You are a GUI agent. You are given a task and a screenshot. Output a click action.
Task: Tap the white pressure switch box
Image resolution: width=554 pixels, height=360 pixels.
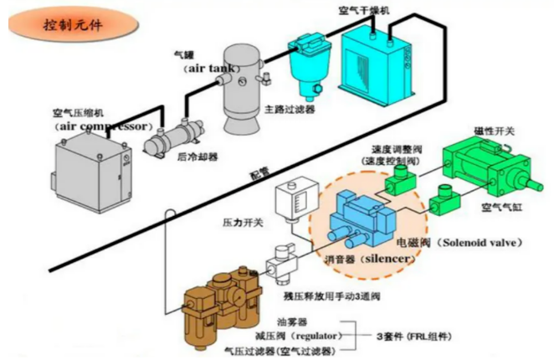point(290,198)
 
